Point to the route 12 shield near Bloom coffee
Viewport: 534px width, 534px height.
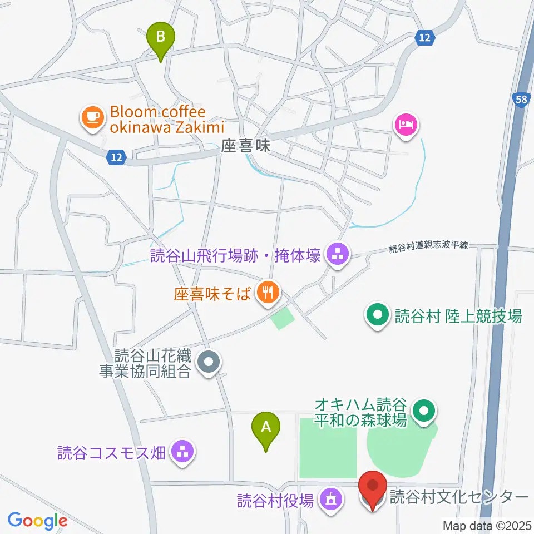[115, 158]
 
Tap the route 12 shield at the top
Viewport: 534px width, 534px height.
[424, 38]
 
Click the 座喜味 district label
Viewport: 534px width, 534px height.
[245, 146]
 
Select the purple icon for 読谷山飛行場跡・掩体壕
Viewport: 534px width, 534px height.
[337, 256]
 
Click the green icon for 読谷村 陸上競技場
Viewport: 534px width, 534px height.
[378, 317]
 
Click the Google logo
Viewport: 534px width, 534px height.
[37, 520]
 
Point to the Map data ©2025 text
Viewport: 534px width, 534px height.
[487, 525]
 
